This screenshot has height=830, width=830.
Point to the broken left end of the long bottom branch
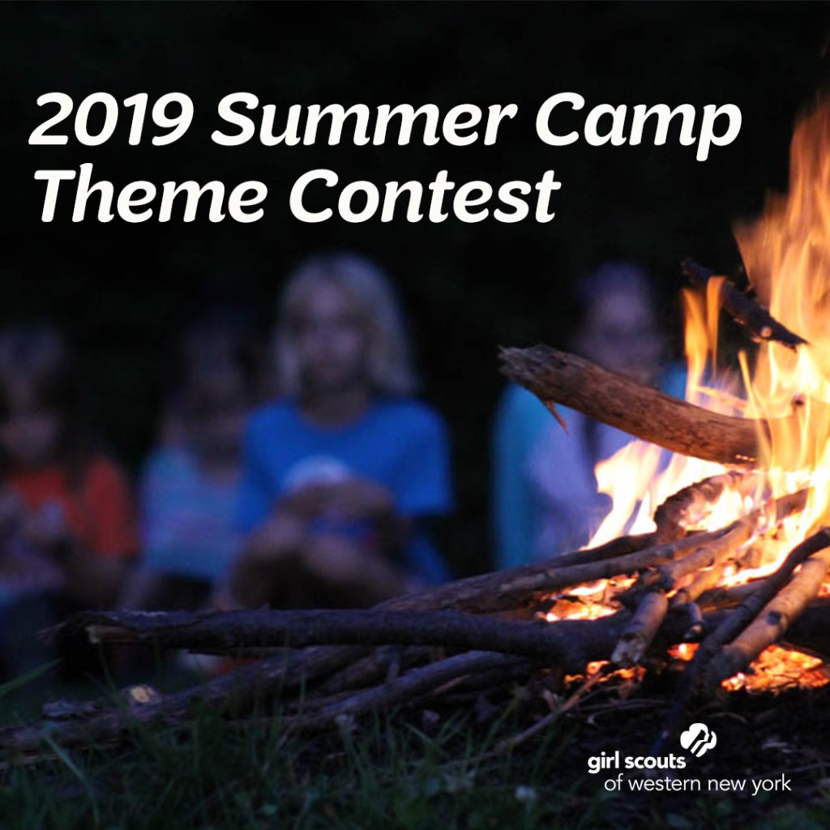pyautogui.click(x=89, y=628)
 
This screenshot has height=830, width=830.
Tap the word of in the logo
pyautogui.click(x=614, y=785)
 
